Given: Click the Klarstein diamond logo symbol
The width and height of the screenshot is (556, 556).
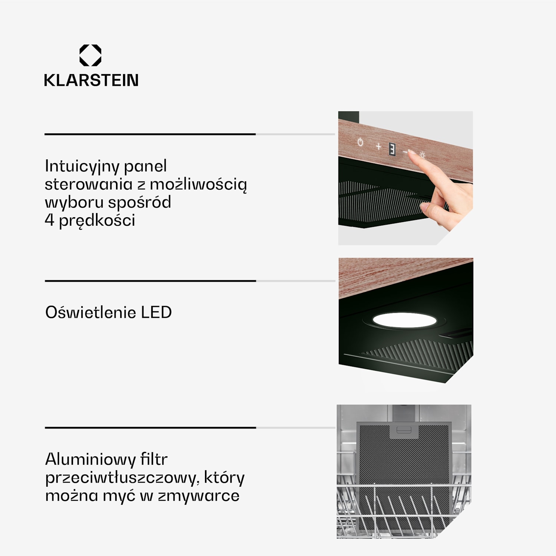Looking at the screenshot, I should click(x=90, y=55).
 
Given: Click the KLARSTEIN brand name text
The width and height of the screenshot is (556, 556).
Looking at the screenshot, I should click(x=91, y=80).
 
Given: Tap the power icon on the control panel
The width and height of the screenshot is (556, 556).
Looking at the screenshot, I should click(x=360, y=142).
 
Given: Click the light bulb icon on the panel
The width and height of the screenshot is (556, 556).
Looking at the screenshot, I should click(x=422, y=155).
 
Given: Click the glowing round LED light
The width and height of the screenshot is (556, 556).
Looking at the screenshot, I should click(x=404, y=320).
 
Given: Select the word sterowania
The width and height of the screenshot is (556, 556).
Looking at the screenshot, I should click(x=88, y=184).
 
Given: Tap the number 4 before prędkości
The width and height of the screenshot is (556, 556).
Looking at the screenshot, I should click(x=49, y=220).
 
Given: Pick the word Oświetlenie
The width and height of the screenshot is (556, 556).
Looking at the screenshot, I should click(x=90, y=312).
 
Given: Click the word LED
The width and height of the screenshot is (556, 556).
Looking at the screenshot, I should click(x=156, y=312).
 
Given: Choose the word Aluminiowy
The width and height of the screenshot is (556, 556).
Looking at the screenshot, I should click(x=90, y=460).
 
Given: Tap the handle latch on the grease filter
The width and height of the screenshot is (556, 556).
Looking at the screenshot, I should click(x=404, y=430).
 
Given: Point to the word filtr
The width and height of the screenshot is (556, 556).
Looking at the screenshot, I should click(x=153, y=460).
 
